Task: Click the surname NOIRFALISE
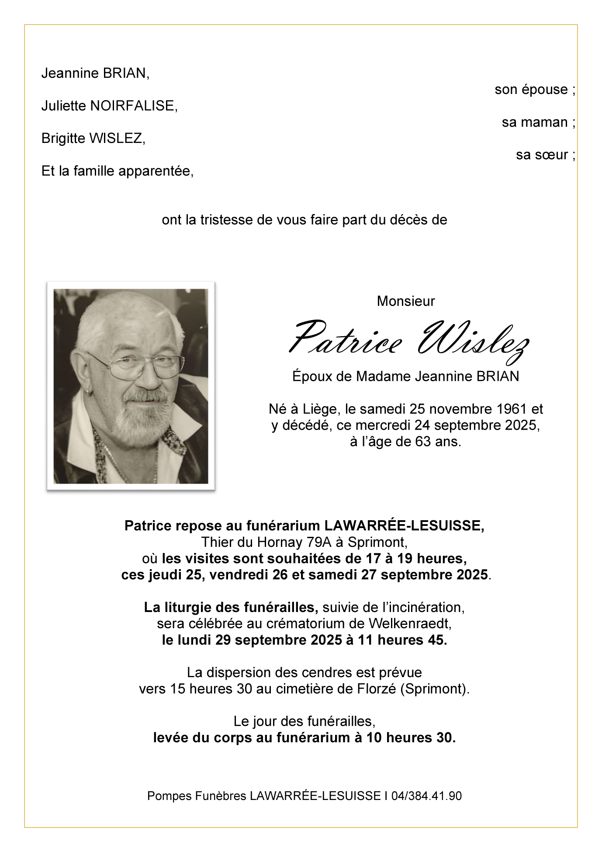coord(132,106)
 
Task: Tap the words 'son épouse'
coord(531,90)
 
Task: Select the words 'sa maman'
coord(535,122)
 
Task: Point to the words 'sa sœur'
coord(542,155)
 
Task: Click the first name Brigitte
coord(63,139)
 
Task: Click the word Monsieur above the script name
coord(406,301)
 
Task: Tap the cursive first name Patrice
coord(346,339)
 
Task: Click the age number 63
coord(423,442)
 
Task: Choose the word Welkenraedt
coord(410,623)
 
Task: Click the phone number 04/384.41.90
coord(426,796)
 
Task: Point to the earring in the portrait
coord(89,392)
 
